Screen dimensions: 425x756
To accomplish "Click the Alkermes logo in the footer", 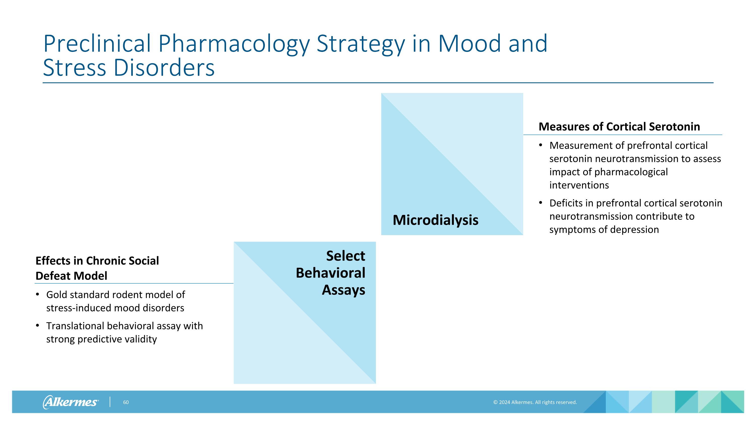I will [x=71, y=402].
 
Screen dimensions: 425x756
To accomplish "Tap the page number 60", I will [x=125, y=402].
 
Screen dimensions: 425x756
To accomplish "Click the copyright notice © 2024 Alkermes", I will [x=535, y=402].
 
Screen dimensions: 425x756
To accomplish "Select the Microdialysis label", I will [x=435, y=220].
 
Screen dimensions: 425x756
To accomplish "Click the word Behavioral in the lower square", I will [x=330, y=273].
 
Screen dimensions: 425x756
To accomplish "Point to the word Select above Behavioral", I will [x=345, y=256].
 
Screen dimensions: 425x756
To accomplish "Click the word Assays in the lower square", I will [x=343, y=290].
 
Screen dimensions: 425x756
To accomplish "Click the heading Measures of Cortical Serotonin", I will [x=619, y=127].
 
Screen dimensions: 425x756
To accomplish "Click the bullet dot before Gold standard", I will [x=37, y=294].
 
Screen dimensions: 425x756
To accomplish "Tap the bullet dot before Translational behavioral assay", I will [x=37, y=325].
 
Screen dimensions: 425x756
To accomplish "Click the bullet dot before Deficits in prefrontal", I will [x=541, y=203].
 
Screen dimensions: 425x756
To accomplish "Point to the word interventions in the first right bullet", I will [x=579, y=185].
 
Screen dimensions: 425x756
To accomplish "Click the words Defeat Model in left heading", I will [x=71, y=276].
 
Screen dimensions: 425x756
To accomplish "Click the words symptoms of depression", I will [x=604, y=229].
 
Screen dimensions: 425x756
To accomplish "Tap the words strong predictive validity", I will [x=101, y=339].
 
